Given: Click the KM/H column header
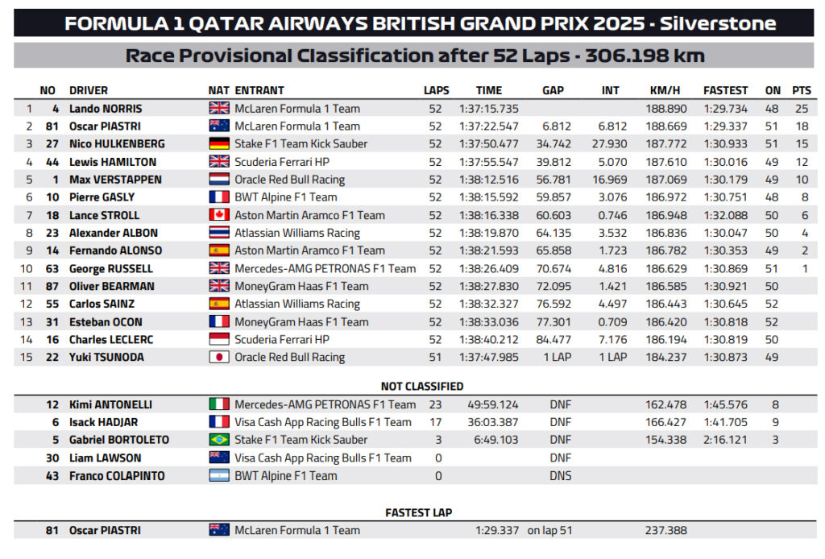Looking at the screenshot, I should click(665, 90).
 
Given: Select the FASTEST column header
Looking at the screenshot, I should click(725, 90).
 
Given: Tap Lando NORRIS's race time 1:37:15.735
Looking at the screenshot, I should click(489, 109).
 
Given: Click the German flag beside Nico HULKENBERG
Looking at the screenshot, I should click(219, 144).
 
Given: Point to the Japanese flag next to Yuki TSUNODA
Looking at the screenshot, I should click(219, 358).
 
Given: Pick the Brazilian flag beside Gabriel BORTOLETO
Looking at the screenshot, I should click(219, 440).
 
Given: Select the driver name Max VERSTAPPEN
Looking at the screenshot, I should click(115, 180).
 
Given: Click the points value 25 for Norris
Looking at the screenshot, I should click(800, 109).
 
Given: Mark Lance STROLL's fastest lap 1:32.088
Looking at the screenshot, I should click(725, 215).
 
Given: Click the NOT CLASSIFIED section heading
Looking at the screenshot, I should click(421, 386).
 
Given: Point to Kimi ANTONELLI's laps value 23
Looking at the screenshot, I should click(435, 404).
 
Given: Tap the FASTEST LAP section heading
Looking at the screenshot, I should click(418, 512).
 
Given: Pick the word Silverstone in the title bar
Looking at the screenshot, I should click(718, 23).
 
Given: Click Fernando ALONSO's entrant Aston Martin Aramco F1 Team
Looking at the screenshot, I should click(309, 251).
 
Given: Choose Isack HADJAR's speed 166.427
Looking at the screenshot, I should click(665, 422).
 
